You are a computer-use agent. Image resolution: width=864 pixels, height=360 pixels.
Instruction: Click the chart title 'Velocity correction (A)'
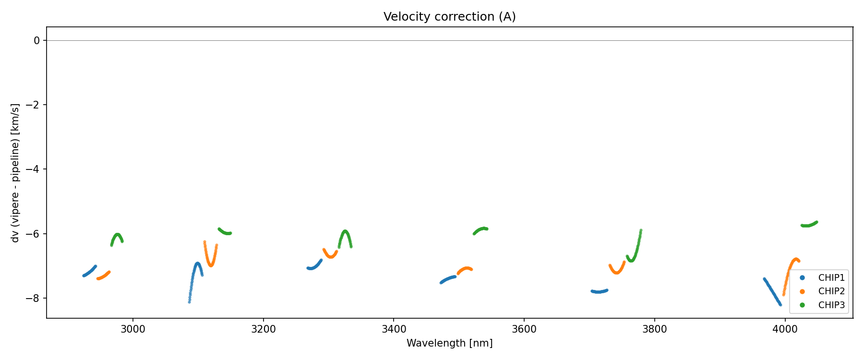coord(449,17)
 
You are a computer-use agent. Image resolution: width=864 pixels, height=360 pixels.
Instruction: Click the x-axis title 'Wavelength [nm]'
coord(449,343)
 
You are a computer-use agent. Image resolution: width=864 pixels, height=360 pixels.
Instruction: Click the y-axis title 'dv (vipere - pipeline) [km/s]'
coord(15,173)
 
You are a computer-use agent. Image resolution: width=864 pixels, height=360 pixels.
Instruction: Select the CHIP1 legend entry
coord(831,278)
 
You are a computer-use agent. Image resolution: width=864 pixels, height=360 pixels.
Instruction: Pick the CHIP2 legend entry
coord(831,291)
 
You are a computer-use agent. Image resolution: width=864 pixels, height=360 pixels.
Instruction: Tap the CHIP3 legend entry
coord(831,305)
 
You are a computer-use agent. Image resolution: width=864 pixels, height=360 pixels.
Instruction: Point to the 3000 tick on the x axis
coord(132,329)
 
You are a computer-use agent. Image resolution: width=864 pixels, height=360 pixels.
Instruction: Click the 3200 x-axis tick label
coord(263,329)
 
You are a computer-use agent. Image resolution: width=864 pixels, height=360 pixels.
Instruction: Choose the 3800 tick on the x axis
coord(654,329)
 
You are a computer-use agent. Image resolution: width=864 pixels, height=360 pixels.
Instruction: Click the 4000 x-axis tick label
coord(785,329)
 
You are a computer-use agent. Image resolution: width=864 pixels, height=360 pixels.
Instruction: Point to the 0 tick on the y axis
coord(37,41)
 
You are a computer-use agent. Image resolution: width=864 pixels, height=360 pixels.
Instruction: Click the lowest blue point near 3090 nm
coord(189,302)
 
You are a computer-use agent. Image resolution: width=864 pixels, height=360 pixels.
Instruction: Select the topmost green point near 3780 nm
coord(641,230)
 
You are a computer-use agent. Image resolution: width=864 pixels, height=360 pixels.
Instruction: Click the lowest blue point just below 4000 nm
coord(780,305)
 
